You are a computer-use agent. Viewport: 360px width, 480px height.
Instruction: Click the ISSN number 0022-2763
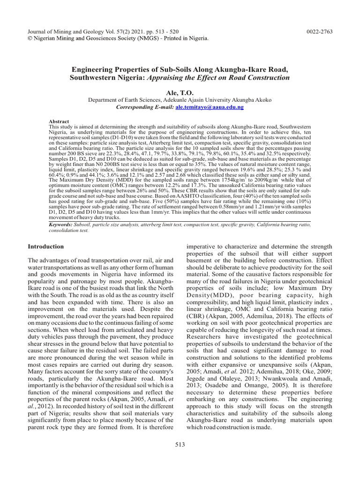click(320, 31)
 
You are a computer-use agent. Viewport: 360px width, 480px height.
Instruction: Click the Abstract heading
click(59, 121)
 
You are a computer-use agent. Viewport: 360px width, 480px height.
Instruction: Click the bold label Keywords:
click(63, 225)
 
